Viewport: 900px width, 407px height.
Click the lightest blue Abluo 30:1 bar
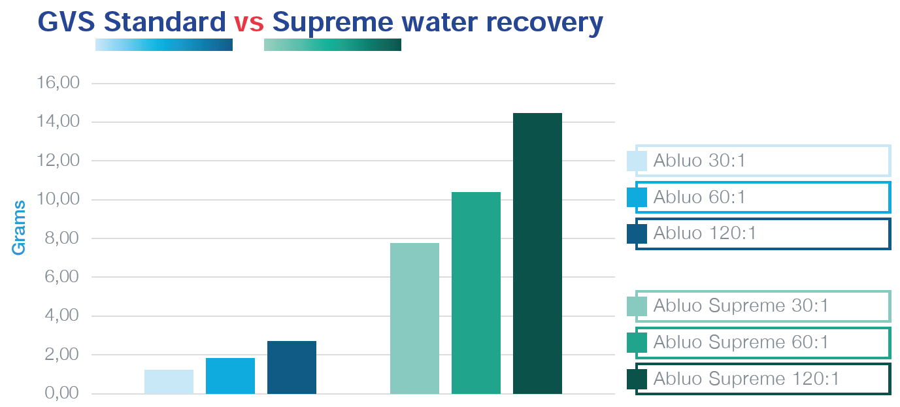coord(169,382)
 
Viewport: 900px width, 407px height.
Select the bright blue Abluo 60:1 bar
coord(230,376)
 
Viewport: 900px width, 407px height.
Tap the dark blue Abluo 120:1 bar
coord(292,367)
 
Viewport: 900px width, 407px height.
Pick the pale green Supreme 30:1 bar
coord(414,318)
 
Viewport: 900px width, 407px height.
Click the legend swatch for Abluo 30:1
coord(637,161)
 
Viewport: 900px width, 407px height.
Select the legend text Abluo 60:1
coord(699,197)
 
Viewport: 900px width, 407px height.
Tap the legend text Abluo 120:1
coord(705,234)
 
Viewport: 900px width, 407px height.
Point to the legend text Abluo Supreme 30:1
coord(741,306)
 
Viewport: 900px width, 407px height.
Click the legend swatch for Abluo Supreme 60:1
coord(637,342)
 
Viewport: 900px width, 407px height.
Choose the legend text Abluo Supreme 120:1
coord(746,379)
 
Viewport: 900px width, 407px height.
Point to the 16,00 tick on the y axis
coord(59,84)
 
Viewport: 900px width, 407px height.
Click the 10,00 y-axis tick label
coord(59,200)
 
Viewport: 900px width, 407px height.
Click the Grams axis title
coord(19,227)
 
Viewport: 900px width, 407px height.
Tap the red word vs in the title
coord(248,22)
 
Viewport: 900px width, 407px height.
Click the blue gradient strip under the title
coord(164,44)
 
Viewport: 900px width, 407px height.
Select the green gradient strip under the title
coord(333,44)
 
